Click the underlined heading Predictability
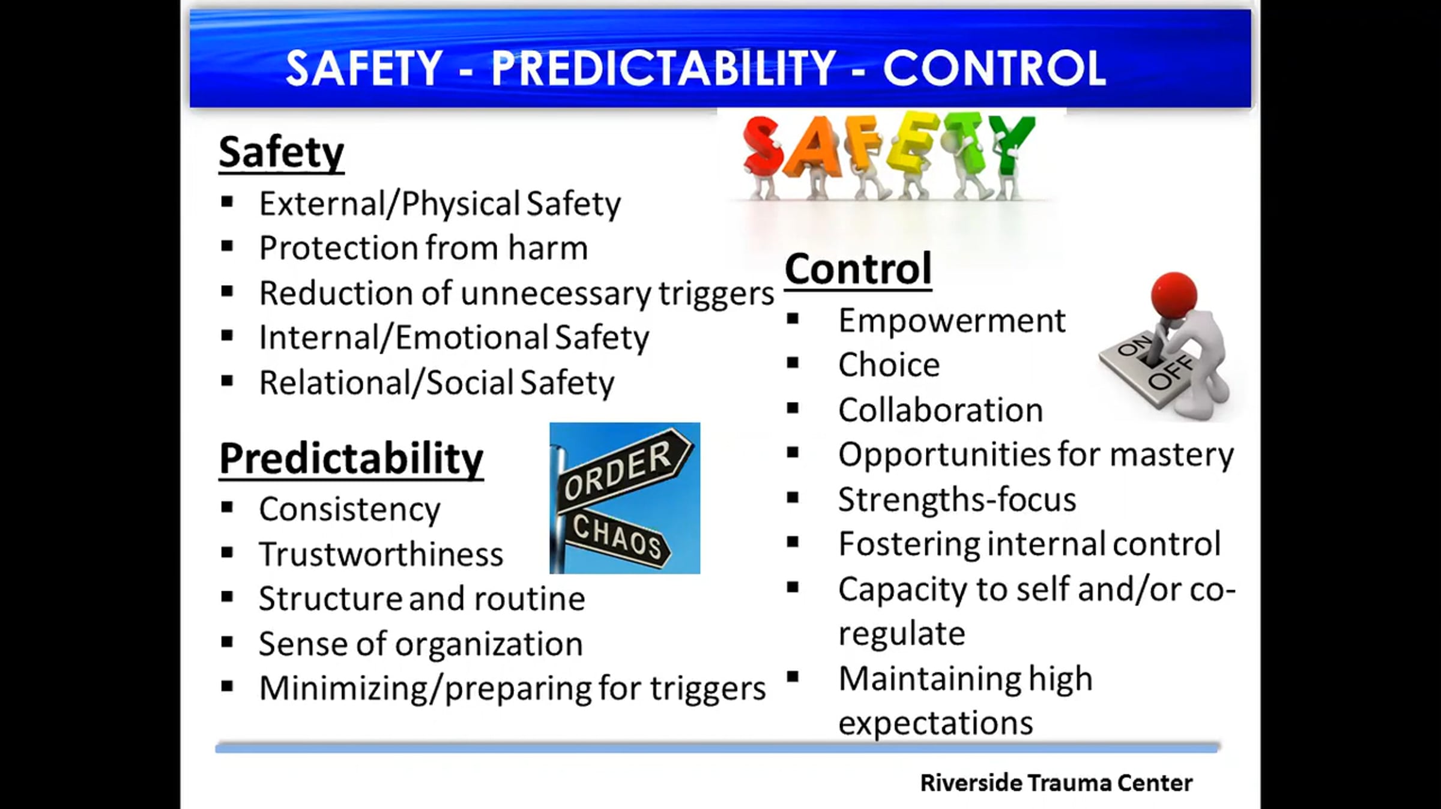click(x=351, y=459)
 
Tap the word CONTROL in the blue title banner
click(x=994, y=68)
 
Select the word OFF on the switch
click(x=1170, y=372)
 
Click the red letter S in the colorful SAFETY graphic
click(x=763, y=147)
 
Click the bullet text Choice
click(x=889, y=365)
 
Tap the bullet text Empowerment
click(x=952, y=321)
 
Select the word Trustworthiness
click(x=381, y=554)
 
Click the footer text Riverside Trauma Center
click(x=1056, y=783)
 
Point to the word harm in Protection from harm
click(x=548, y=248)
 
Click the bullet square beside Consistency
click(x=227, y=508)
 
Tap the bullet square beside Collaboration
click(x=793, y=409)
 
